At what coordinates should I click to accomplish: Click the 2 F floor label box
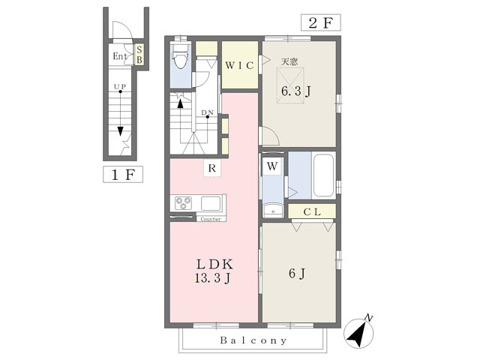click(320, 22)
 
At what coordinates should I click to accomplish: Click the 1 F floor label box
click(123, 175)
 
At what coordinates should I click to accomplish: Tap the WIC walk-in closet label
click(239, 65)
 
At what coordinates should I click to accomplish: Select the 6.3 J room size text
click(296, 91)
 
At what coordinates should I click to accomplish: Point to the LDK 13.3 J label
click(214, 271)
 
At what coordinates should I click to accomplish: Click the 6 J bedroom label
click(297, 273)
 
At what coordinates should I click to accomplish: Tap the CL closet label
click(312, 211)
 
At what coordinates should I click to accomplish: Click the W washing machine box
click(272, 166)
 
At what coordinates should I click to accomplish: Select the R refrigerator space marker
click(212, 168)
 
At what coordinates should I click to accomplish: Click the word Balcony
click(253, 340)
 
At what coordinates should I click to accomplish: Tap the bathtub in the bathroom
click(323, 175)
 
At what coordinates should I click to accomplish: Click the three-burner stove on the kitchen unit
click(183, 203)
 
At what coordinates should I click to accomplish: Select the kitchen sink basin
click(211, 203)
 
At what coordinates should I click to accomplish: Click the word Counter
click(211, 219)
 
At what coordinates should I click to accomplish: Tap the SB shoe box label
click(139, 54)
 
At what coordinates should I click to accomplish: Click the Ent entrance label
click(120, 56)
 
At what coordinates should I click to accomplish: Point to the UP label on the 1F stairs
click(120, 87)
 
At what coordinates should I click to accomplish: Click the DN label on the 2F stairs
click(207, 112)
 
